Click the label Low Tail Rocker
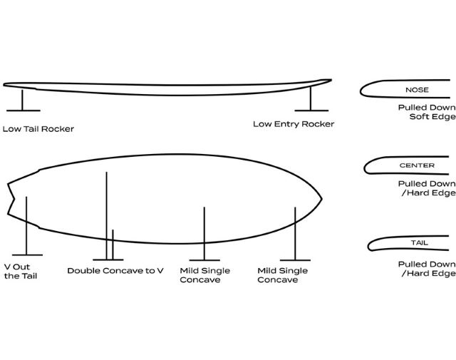(38, 129)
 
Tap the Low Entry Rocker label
(294, 124)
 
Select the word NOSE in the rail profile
(417, 90)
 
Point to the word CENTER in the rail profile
(417, 165)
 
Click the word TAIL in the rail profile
(420, 242)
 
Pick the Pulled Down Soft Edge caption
(427, 112)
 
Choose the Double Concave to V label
(115, 271)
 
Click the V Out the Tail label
(21, 272)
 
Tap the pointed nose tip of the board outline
(321, 199)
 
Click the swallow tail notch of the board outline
(14, 200)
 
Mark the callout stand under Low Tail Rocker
(23, 101)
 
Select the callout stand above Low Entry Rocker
(311, 99)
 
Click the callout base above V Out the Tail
(27, 255)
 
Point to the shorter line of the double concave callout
(113, 245)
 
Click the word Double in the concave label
(84, 271)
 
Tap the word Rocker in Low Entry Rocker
(318, 124)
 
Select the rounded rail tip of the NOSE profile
(361, 91)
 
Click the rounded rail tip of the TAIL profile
(369, 247)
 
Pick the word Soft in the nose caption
(418, 117)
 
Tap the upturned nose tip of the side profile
(330, 80)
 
